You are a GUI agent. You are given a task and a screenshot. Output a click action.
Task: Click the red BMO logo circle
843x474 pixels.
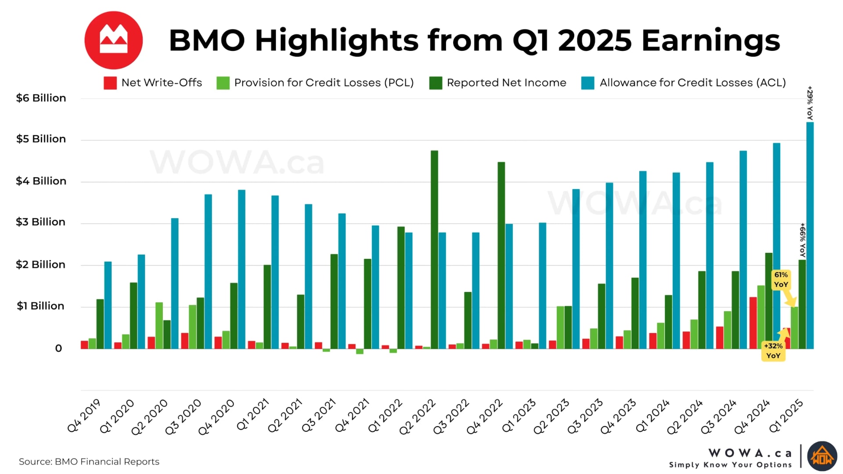113,40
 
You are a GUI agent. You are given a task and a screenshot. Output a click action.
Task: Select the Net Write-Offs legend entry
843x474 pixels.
153,83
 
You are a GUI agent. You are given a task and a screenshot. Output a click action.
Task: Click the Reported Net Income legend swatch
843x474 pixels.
436,83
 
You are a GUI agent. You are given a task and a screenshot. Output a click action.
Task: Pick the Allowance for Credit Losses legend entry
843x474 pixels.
683,83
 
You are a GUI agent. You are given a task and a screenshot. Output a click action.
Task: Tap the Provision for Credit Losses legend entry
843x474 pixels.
315,83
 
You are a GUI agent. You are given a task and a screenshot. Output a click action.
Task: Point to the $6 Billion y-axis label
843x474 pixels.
41,98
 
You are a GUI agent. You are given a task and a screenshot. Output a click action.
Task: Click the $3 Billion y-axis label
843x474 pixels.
40,222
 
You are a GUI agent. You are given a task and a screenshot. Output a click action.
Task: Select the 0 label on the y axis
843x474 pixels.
58,348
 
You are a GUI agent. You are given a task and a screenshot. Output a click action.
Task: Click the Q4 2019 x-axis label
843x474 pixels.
84,416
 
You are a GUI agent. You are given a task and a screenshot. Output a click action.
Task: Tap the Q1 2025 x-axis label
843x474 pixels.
786,416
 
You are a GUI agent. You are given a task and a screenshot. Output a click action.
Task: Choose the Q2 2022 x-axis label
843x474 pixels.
417,417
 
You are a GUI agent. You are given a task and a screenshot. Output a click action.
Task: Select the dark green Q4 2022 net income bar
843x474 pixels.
501,255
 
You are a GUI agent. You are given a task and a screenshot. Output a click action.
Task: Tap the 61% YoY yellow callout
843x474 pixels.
781,280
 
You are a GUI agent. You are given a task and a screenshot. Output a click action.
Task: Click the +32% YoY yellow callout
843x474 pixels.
773,351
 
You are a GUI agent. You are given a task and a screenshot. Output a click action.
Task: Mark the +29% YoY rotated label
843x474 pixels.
810,103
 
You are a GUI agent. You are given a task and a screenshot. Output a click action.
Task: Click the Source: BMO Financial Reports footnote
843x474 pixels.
89,462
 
